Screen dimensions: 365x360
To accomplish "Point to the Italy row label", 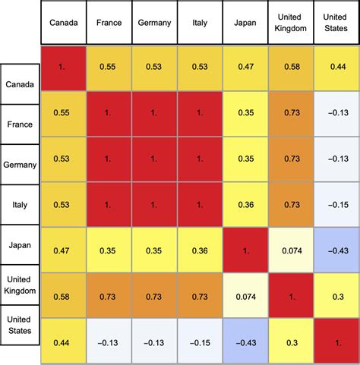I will pyautogui.click(x=21, y=204).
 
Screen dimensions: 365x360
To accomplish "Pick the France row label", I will pyautogui.click(x=21, y=121).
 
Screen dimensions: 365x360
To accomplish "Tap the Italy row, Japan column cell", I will pyautogui.click(x=245, y=206).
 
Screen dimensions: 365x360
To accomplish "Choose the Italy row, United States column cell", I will pyautogui.click(x=336, y=206).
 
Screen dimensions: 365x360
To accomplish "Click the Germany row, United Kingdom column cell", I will pyautogui.click(x=291, y=160).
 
